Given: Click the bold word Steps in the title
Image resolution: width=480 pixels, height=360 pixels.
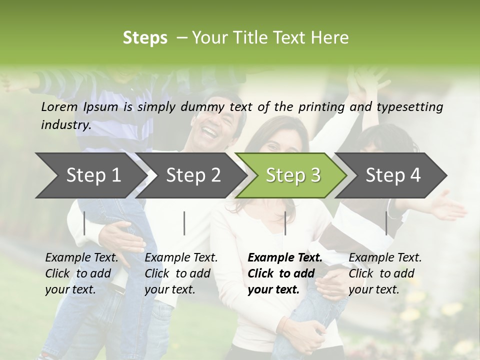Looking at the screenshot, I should pos(145,38).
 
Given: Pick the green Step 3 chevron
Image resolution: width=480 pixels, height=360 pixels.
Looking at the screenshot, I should pos(293,175).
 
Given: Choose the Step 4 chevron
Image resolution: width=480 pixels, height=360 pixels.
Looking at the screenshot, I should pos(393,175).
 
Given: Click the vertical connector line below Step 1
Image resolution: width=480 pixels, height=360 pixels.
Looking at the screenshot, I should pos(84,223).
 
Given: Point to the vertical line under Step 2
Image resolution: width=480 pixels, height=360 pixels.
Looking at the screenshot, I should pos(184,223).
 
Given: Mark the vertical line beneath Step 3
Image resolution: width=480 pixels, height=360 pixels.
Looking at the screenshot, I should pos(285,223).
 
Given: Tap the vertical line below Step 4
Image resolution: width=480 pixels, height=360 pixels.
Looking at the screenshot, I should pos(386,223).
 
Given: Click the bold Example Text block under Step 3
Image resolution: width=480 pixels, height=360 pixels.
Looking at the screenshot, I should pos(285,273).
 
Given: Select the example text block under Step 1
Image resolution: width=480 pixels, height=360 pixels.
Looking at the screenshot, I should pos(81,273).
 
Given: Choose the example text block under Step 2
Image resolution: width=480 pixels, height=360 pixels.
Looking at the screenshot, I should pos(181,273).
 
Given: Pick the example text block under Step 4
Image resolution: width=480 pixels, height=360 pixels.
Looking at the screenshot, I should pos(385,273).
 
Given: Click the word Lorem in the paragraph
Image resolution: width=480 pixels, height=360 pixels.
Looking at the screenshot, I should pos(59,107).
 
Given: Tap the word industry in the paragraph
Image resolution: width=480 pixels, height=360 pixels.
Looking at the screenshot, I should pos(65,125).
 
